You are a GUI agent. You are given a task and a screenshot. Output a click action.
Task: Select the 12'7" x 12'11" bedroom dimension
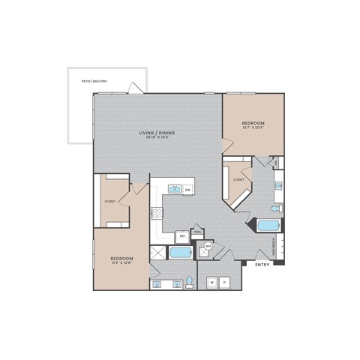coord(253,127)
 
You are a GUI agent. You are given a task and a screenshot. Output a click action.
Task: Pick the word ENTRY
coord(262,265)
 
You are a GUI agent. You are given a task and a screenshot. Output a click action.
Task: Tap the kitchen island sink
coord(174,189)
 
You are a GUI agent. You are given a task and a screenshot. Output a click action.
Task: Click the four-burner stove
coord(158,214)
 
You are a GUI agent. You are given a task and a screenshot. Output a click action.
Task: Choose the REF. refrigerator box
coord(182,234)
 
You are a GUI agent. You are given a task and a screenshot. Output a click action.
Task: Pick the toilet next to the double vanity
coord(190,282)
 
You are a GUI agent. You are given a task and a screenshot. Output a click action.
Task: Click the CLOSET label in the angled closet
coord(238,180)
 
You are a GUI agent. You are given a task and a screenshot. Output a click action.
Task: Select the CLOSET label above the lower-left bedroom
coord(109,200)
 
